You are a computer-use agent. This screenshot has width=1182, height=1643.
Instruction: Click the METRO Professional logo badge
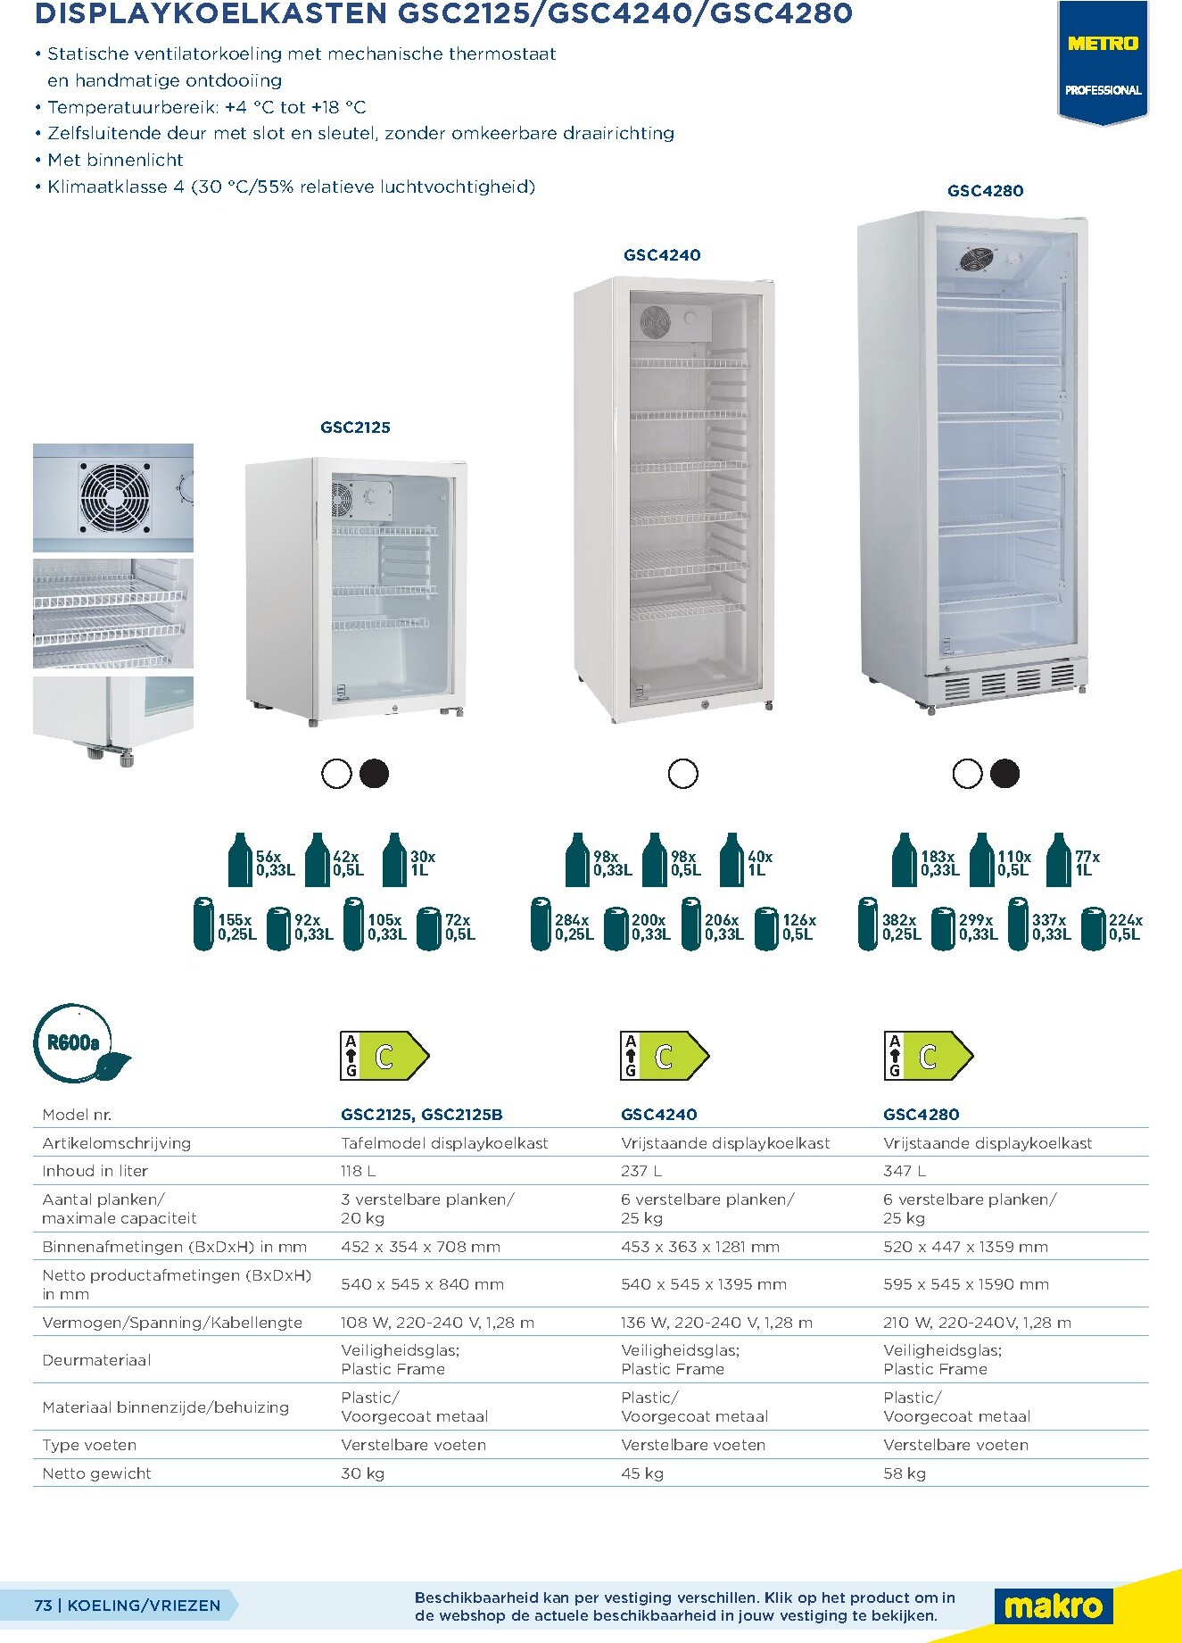point(1103,62)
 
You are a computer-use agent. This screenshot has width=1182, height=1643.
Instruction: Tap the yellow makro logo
point(1054,1606)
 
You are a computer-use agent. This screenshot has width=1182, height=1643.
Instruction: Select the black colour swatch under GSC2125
point(374,774)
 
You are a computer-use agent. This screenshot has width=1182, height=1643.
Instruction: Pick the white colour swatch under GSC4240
point(683,774)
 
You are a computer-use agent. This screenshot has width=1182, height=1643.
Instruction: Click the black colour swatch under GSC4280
point(1004,774)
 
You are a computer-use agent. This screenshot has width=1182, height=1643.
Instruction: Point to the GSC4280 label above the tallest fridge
point(985,191)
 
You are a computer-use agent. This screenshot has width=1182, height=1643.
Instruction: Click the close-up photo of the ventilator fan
point(113,498)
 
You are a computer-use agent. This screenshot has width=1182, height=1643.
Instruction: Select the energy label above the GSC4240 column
point(664,1056)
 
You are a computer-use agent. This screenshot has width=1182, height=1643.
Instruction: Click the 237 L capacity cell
point(641,1171)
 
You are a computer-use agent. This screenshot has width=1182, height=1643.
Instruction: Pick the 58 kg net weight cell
point(905,1473)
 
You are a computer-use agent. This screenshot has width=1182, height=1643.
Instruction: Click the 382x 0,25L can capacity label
point(901,927)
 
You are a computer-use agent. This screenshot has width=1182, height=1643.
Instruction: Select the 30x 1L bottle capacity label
point(423,863)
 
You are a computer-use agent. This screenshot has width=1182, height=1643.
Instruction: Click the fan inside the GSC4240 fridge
point(654,321)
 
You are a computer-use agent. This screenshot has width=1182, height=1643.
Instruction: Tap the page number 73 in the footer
point(43,1606)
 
